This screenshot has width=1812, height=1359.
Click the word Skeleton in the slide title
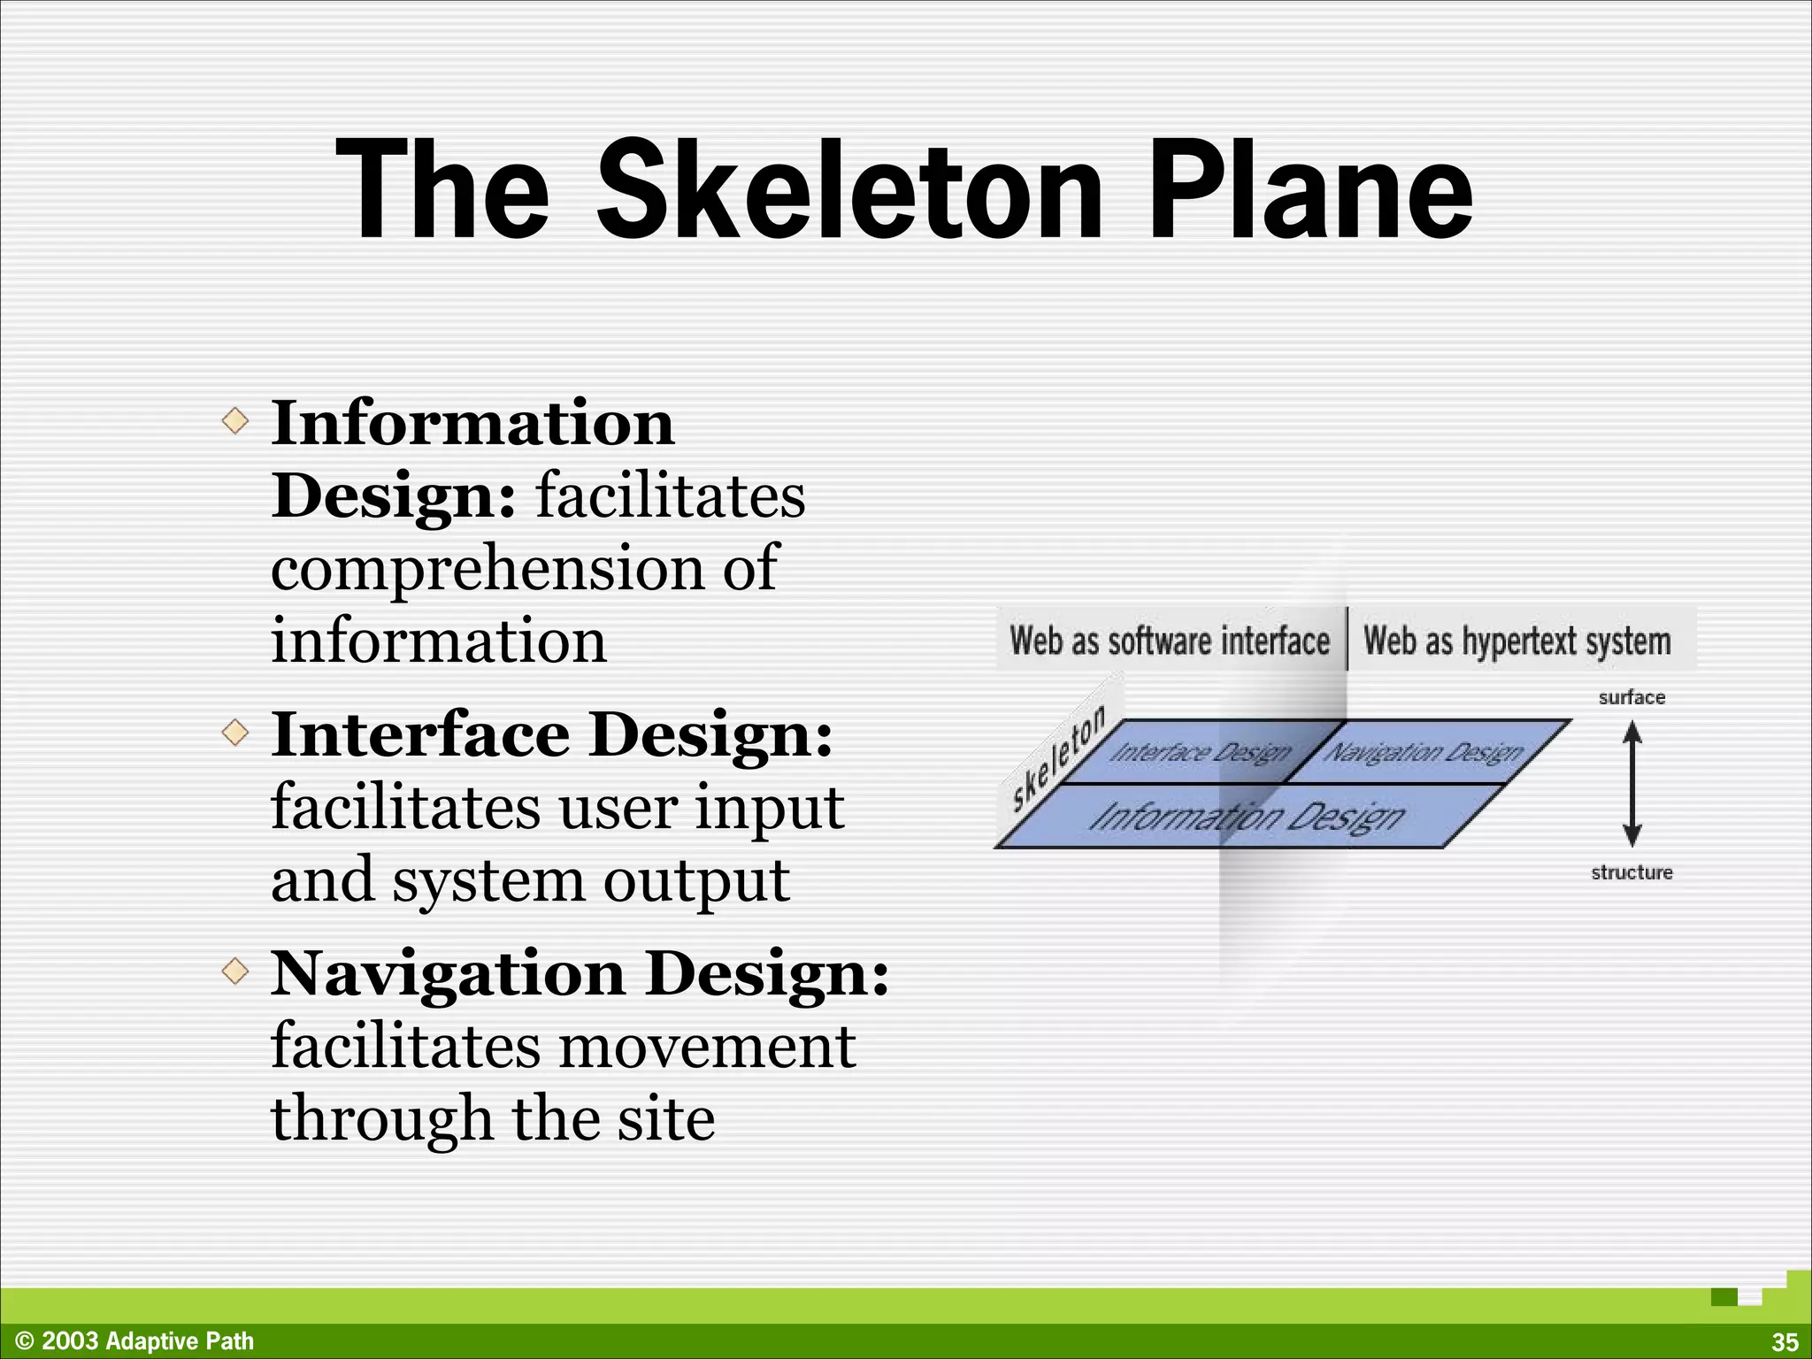point(849,190)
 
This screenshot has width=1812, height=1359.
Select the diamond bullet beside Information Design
point(235,420)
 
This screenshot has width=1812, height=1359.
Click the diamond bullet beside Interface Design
point(235,733)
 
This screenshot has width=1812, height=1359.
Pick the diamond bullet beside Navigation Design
point(235,971)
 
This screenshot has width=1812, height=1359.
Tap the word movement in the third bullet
point(707,1048)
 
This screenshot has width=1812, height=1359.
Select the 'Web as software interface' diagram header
point(1170,641)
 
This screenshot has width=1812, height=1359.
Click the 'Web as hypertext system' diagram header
point(1517,641)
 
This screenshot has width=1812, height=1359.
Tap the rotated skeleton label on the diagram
point(1057,757)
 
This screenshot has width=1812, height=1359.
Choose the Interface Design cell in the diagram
point(1200,752)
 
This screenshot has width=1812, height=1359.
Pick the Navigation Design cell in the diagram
point(1423,752)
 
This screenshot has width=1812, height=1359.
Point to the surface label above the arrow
point(1632,697)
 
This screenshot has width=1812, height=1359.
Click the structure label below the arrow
point(1632,872)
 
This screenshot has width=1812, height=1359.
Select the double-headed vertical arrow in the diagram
point(1632,783)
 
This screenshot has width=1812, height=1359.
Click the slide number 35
point(1784,1342)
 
